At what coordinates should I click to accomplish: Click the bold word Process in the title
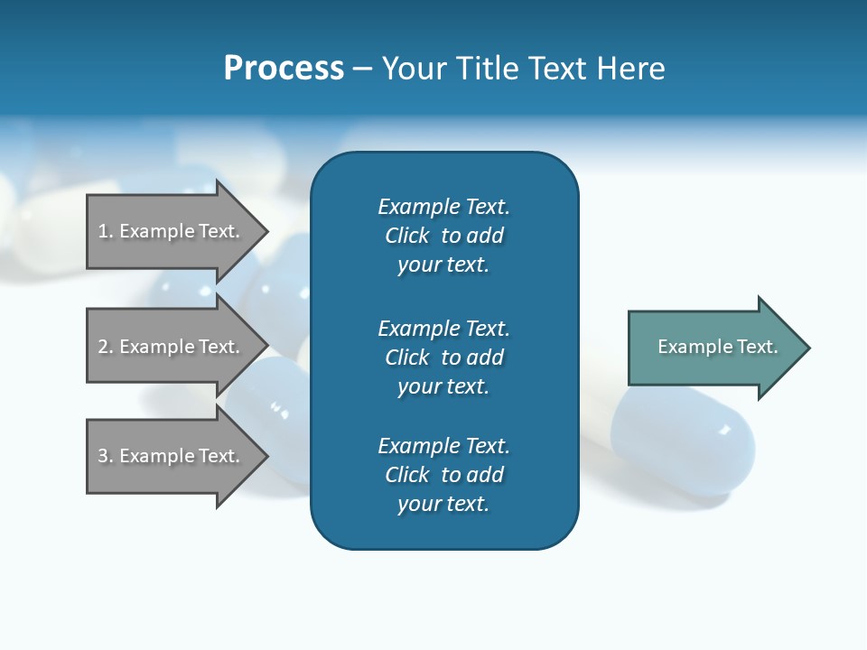[284, 69]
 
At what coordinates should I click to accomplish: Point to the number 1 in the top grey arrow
[104, 231]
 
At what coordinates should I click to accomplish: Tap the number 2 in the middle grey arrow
[104, 347]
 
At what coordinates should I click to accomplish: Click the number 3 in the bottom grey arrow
[104, 456]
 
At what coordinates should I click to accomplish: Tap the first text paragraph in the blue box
[443, 236]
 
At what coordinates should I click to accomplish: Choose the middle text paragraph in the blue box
[443, 357]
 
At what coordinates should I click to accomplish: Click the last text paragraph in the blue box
[443, 475]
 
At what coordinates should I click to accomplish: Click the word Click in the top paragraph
[406, 236]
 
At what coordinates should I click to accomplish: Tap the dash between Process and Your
[363, 69]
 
